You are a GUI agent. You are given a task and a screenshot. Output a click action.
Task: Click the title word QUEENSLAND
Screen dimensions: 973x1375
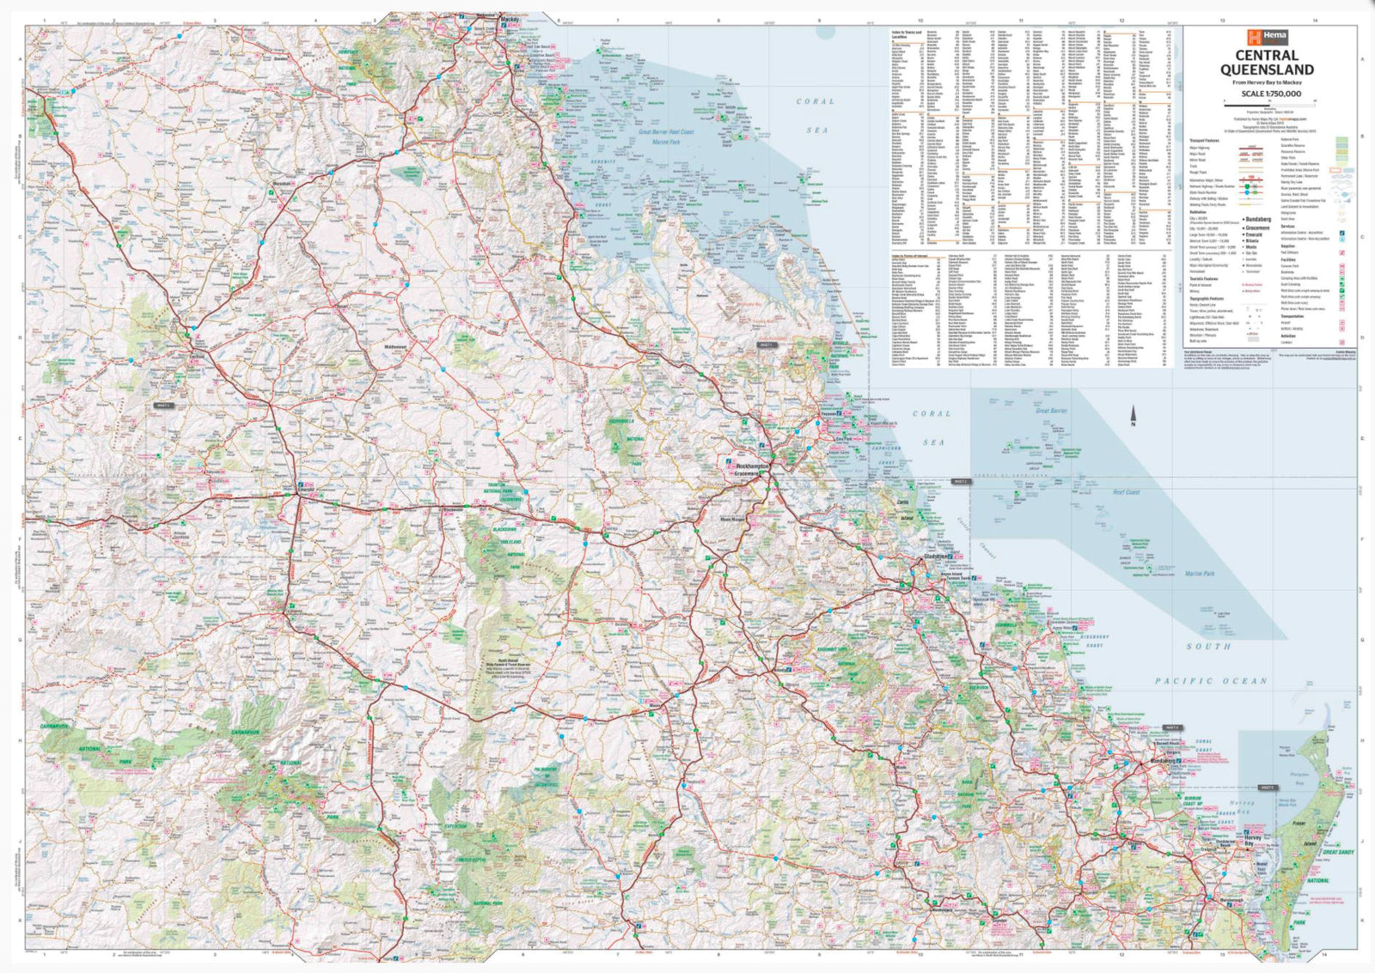click(1267, 70)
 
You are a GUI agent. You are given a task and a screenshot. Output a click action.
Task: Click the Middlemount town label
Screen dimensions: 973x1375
click(395, 347)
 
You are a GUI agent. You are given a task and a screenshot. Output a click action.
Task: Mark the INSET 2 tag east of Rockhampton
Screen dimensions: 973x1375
click(960, 482)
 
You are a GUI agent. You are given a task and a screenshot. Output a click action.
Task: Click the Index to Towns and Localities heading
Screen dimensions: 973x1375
click(907, 34)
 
